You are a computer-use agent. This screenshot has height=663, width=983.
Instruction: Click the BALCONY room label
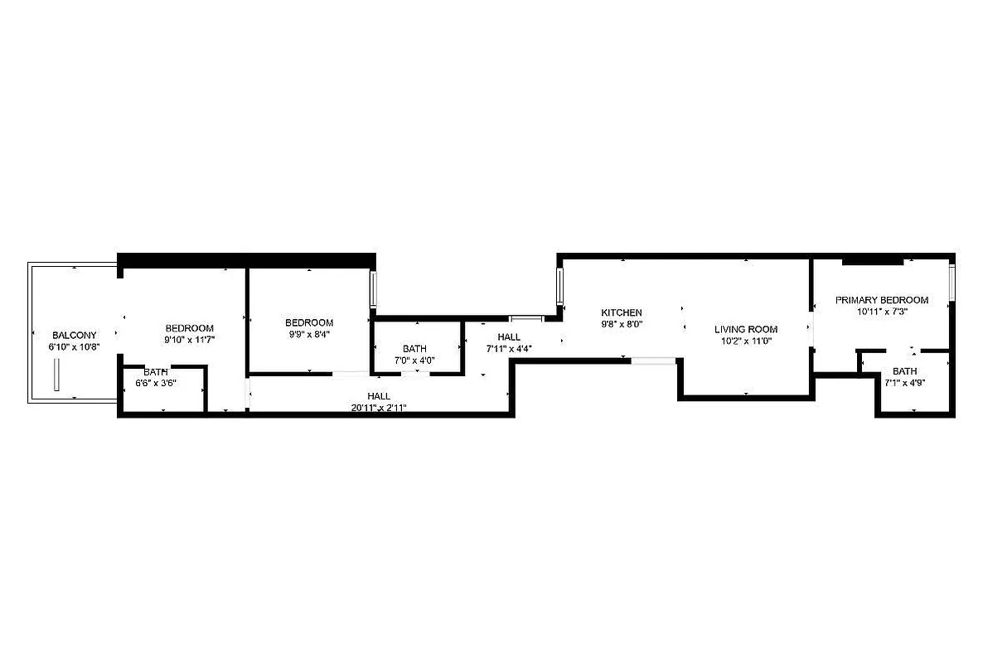75,335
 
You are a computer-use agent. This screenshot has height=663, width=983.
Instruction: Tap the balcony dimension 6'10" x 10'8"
75,346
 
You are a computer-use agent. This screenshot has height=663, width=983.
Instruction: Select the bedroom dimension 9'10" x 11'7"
190,340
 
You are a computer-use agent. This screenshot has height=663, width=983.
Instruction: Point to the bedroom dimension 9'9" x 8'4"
309,334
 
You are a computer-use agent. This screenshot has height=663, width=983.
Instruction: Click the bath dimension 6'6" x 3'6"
156,383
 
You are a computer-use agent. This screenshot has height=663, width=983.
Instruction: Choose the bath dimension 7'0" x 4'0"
415,361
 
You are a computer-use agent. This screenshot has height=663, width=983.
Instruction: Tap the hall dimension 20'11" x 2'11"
379,407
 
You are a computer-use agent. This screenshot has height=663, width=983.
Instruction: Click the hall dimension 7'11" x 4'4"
509,349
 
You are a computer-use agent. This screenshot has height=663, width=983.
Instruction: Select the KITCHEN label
622,312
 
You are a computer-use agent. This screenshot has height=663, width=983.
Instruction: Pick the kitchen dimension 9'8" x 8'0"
622,324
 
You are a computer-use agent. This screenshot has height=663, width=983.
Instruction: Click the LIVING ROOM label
746,329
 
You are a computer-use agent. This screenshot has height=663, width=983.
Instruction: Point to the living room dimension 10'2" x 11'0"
746,341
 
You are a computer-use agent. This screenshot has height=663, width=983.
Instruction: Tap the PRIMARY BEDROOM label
881,300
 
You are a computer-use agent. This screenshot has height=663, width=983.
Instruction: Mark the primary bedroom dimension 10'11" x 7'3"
881,312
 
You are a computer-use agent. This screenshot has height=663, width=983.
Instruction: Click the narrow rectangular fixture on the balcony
57,377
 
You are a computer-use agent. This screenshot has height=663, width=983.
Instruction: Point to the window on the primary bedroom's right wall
952,283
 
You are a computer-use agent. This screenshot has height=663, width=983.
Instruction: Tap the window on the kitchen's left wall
560,286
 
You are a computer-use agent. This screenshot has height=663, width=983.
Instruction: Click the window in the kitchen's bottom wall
655,360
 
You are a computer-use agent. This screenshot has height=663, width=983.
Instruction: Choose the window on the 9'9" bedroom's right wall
375,289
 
